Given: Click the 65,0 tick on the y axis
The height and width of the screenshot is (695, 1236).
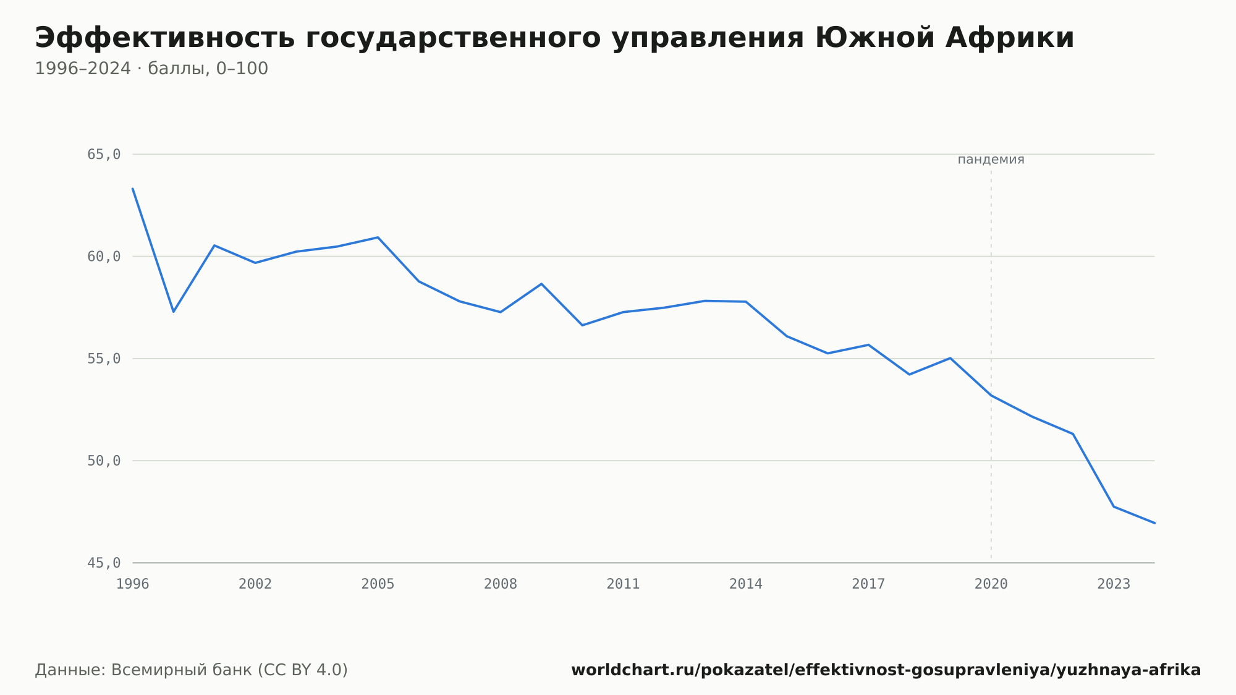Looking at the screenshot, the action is click(104, 155).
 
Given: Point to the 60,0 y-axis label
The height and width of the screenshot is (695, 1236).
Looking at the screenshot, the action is click(104, 257).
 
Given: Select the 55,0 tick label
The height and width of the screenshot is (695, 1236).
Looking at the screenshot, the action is click(104, 359).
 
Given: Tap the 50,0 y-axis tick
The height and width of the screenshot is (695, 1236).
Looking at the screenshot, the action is click(104, 461).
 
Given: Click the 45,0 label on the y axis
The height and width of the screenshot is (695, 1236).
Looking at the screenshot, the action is click(104, 563).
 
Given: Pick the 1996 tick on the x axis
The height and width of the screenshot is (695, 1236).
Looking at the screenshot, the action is click(133, 584).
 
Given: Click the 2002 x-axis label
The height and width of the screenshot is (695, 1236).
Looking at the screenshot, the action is click(255, 584).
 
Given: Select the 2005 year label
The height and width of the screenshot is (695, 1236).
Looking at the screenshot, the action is click(378, 584).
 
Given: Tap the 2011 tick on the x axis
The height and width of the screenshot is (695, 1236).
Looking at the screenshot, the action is click(624, 584).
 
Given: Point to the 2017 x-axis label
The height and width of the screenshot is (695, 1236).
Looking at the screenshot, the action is click(868, 584).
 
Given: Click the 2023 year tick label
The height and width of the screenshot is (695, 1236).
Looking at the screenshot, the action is click(1114, 584).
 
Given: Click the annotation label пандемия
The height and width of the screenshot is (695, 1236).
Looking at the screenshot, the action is click(991, 160).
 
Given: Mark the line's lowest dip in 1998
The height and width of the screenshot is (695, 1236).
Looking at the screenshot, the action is click(174, 312).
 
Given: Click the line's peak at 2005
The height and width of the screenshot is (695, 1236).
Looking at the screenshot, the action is click(378, 237).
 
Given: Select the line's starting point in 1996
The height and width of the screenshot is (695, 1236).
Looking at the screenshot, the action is click(133, 189).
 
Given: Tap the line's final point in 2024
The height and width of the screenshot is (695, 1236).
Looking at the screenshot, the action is click(1154, 523).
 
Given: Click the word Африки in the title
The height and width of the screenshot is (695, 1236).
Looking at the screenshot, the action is click(1007, 38).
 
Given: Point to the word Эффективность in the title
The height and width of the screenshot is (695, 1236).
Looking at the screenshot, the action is click(165, 38).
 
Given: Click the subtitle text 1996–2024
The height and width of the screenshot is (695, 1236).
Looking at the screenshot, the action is click(83, 69).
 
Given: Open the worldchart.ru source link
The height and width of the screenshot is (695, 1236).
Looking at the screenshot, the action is click(886, 670).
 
